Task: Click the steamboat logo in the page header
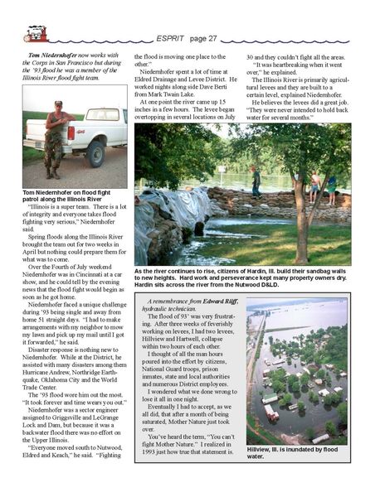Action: [x=37, y=34]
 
